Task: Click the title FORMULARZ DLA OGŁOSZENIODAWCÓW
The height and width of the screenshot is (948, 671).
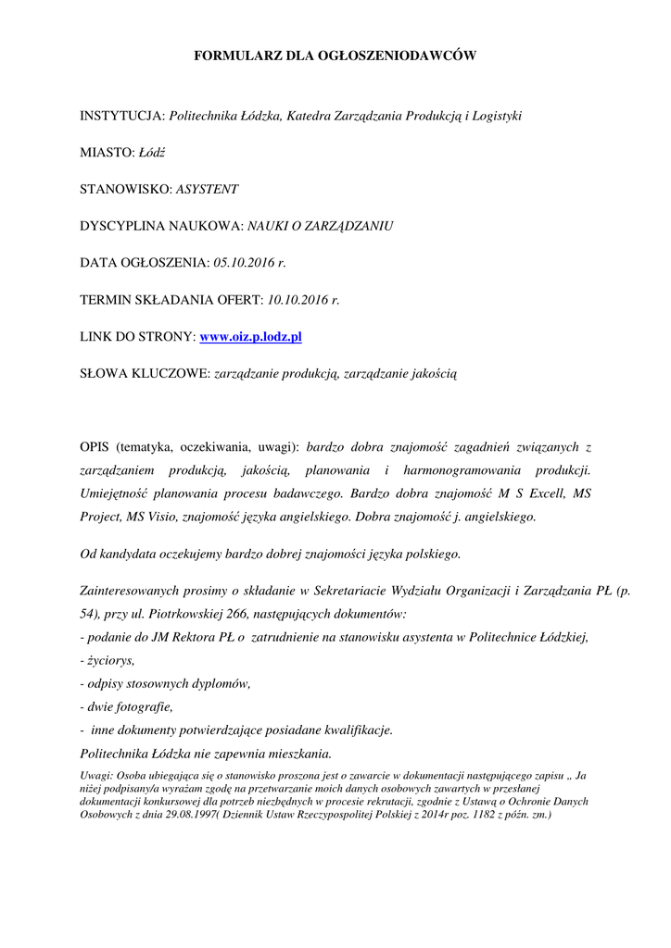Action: [335, 56]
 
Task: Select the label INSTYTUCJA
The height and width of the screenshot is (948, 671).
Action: [121, 117]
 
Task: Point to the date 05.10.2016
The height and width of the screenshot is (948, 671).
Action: [243, 263]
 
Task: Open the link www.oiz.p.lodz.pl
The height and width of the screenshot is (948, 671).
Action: [251, 337]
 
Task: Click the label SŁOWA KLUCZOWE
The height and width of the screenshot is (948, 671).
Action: [145, 374]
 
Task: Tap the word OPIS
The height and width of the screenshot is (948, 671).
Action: [96, 447]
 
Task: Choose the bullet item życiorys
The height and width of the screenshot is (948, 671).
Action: [110, 660]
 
